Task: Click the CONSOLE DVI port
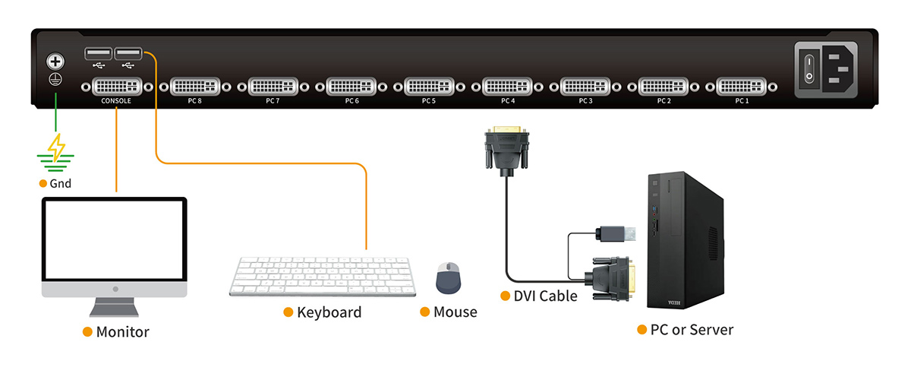[x=116, y=85]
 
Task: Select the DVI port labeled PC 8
[x=195, y=85]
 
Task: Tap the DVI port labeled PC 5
[x=429, y=85]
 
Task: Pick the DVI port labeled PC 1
[x=742, y=85]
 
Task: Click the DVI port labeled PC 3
[x=585, y=85]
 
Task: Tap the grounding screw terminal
[x=55, y=62]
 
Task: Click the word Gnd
[x=61, y=184]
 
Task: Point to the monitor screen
[x=115, y=240]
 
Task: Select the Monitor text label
[x=122, y=332]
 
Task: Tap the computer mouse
[x=448, y=278]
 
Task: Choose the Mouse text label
[x=455, y=312]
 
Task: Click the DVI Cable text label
[x=545, y=296]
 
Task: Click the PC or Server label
[x=692, y=330]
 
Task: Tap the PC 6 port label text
[x=351, y=100]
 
